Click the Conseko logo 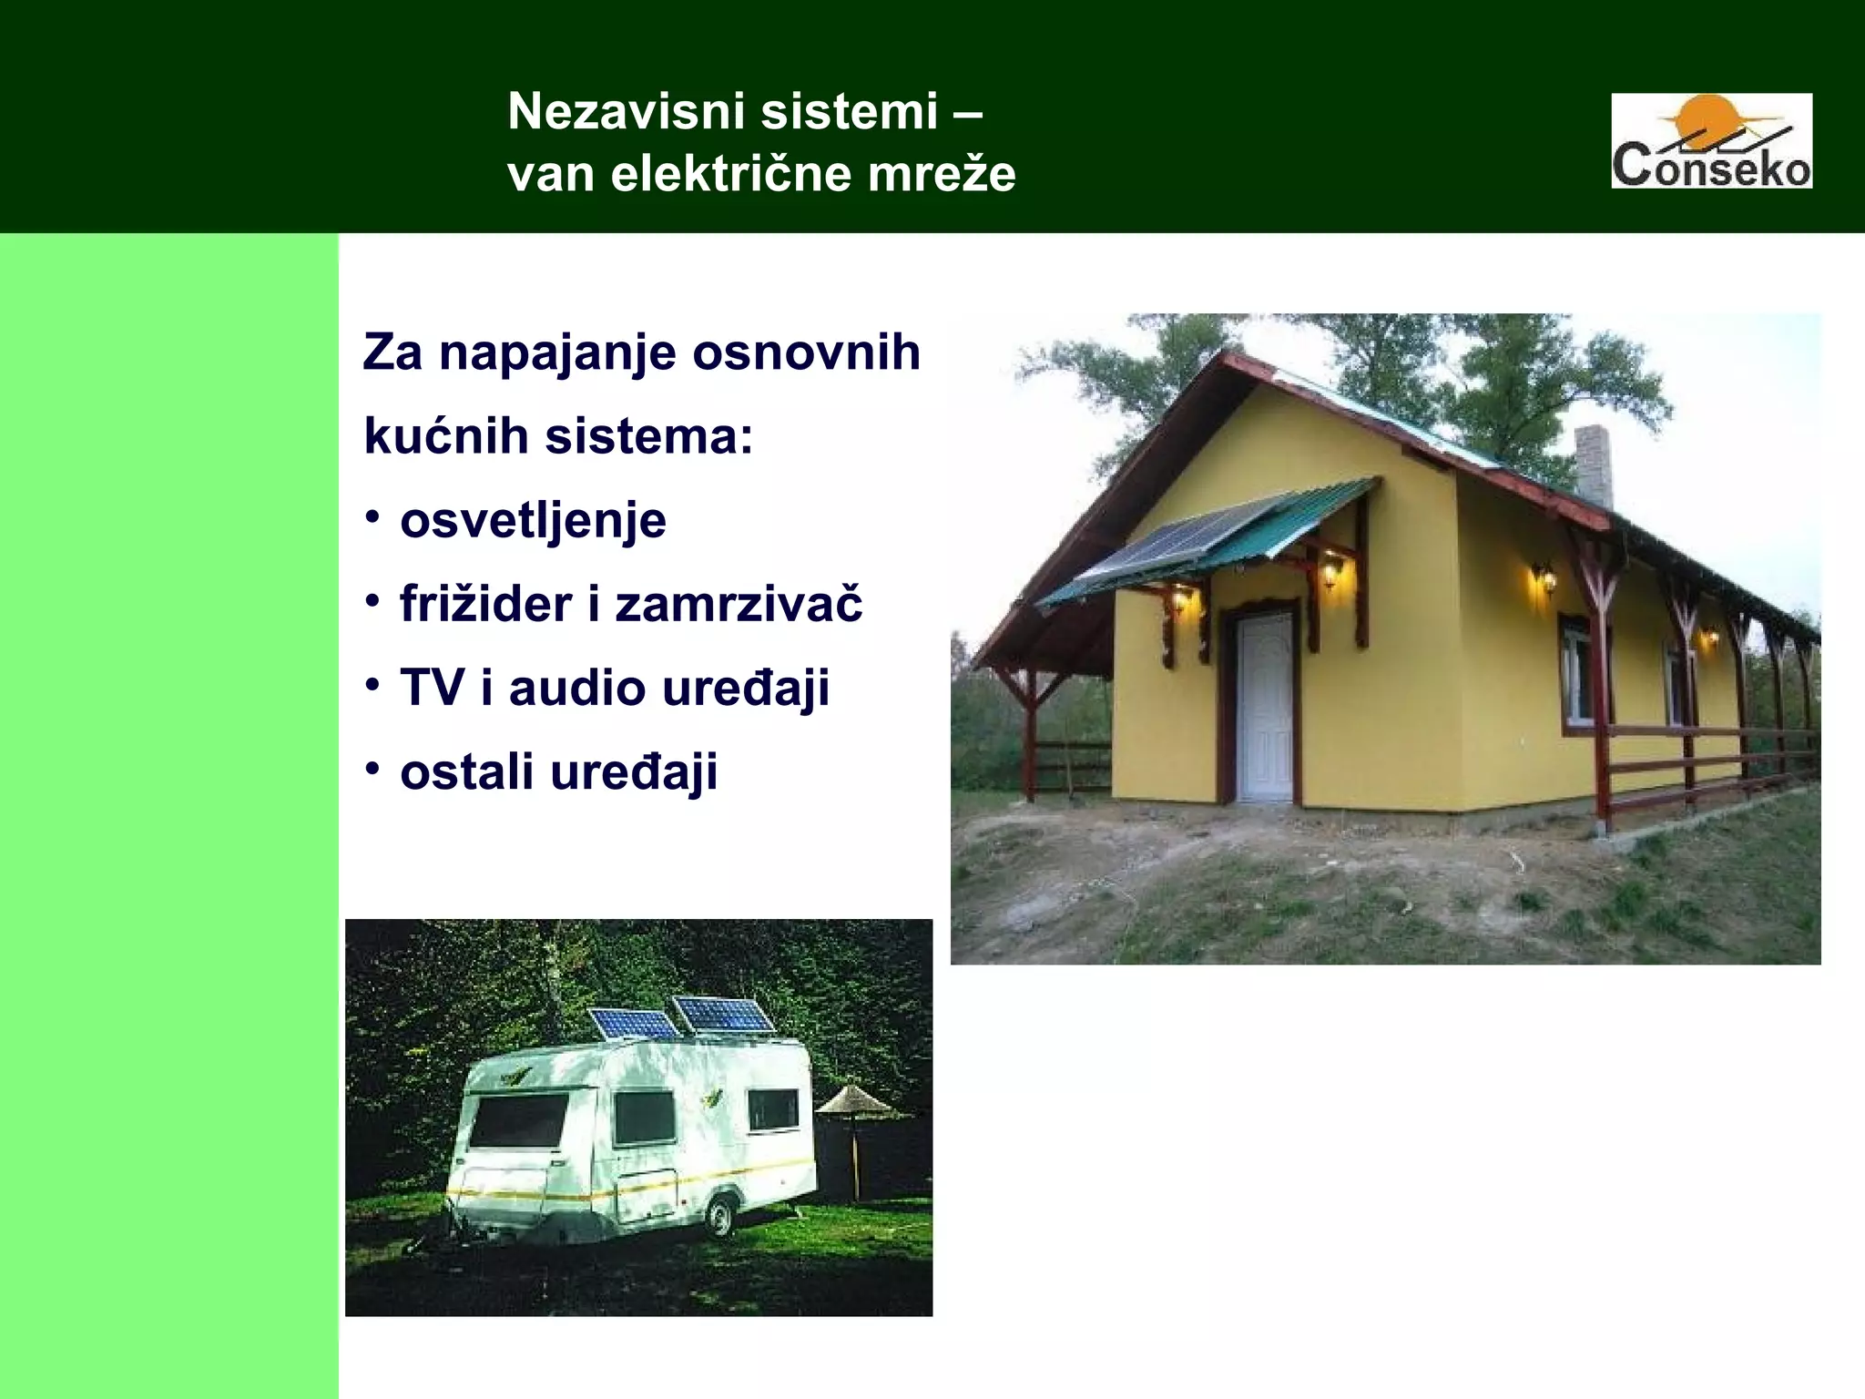coord(1711,141)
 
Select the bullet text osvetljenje coord(533,521)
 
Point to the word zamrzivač coord(739,604)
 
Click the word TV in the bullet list coord(432,688)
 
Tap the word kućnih coord(446,436)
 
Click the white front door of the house coord(1265,706)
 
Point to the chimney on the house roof coord(1593,465)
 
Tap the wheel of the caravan coord(719,1216)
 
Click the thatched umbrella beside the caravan coord(854,1102)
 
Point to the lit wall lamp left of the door coord(1180,598)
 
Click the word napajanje coord(557,352)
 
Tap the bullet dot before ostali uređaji coord(372,769)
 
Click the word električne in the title coord(731,173)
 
